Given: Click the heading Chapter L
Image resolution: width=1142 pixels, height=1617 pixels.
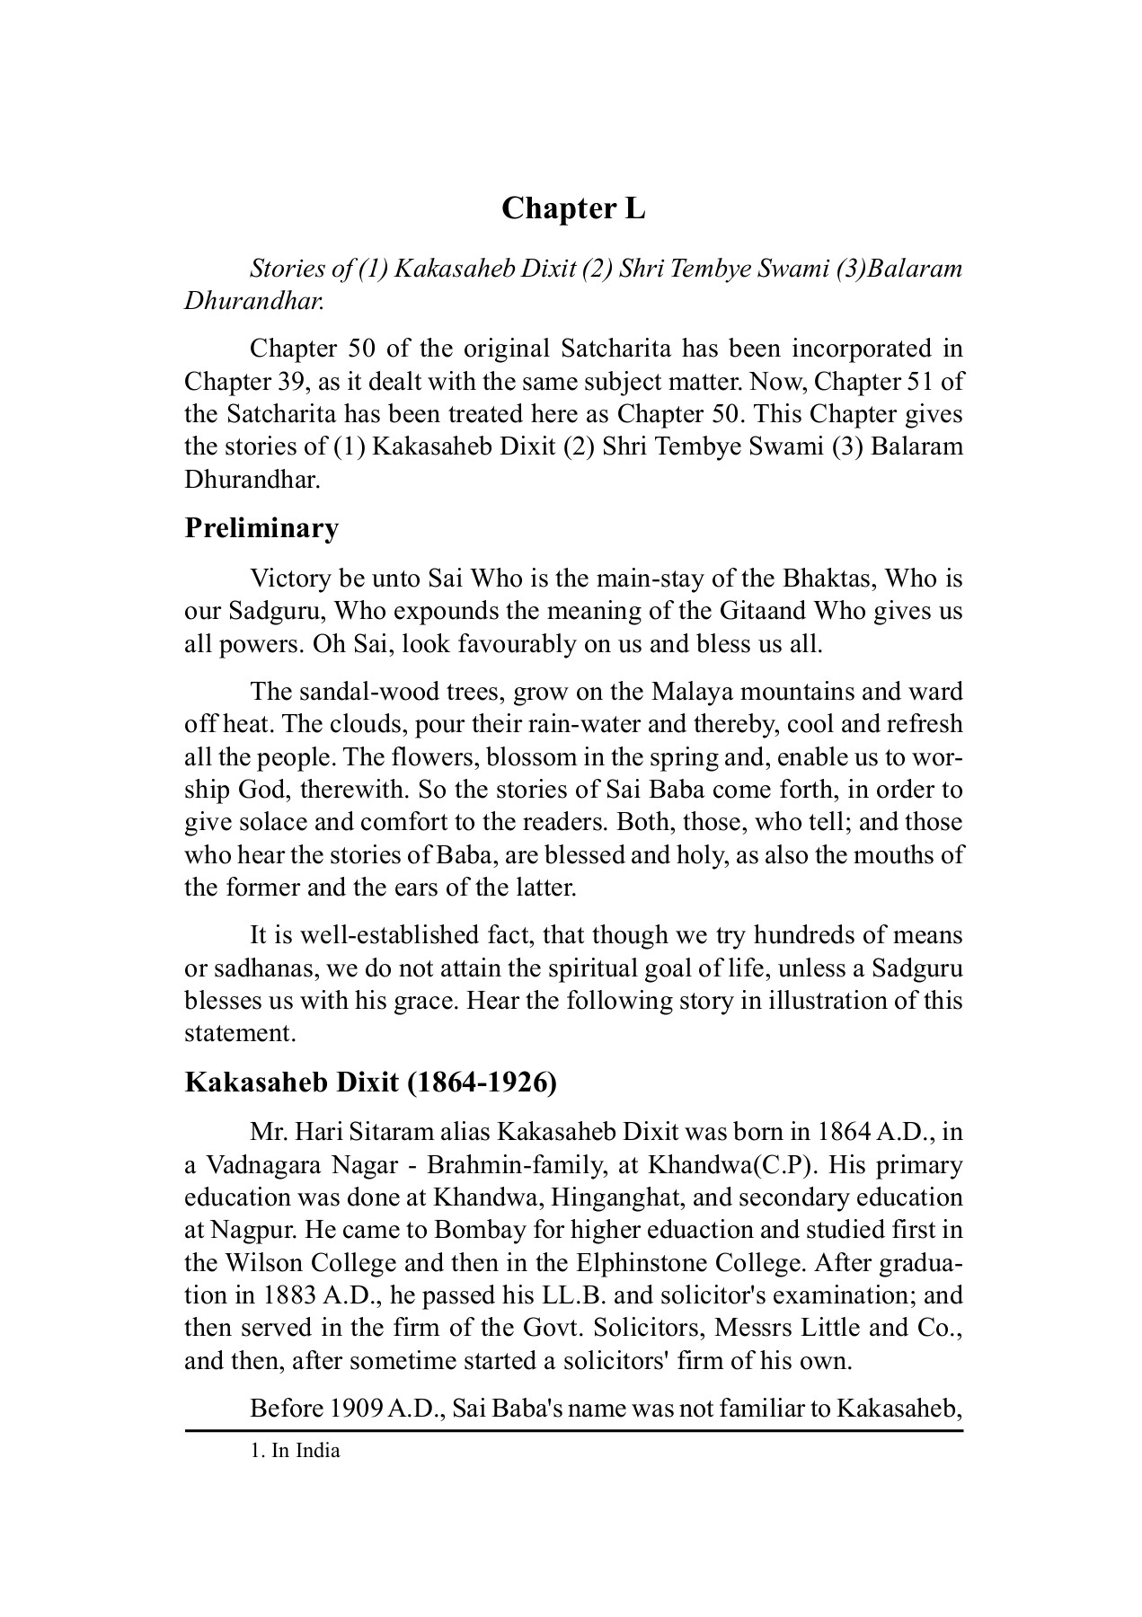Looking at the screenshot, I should point(573,208).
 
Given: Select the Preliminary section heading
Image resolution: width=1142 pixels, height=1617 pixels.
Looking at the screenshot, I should point(261,528).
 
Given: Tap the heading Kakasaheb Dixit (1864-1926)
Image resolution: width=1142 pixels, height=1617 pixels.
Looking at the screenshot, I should point(370,1082).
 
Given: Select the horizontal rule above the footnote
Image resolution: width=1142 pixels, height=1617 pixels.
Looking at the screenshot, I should point(573,1429).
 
